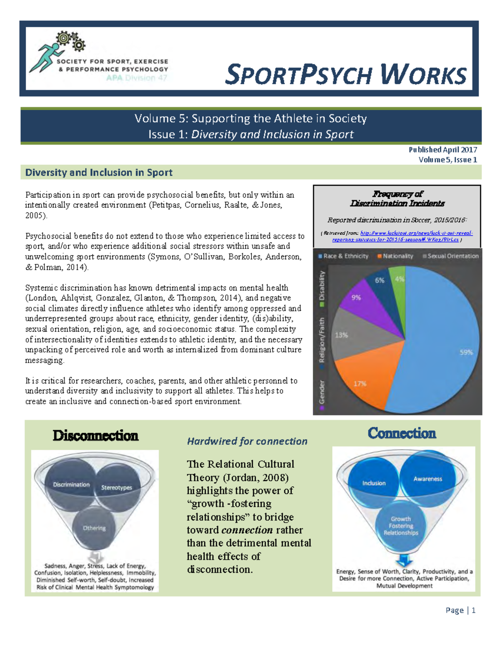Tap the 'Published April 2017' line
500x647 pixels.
(x=442, y=150)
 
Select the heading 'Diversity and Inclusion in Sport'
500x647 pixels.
(x=99, y=172)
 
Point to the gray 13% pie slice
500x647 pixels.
(x=354, y=333)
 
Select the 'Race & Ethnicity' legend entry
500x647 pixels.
(x=343, y=256)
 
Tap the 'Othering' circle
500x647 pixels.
(x=94, y=528)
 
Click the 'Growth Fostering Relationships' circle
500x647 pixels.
(x=401, y=526)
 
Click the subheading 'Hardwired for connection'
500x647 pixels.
(x=247, y=441)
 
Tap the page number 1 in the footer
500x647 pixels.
(x=473, y=610)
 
